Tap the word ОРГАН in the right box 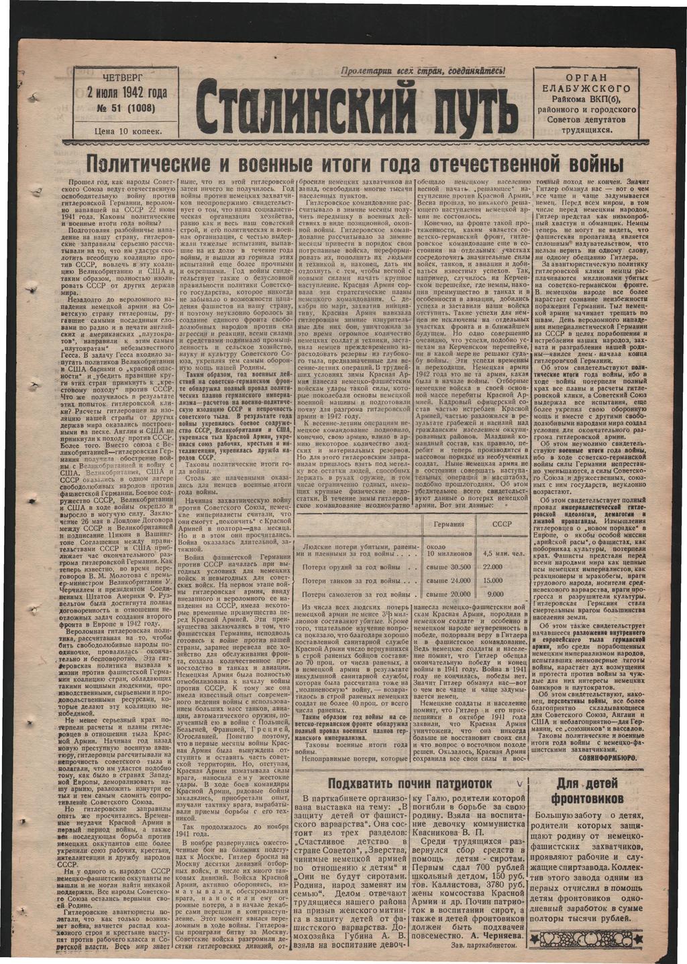pos(591,78)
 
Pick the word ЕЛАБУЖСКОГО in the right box pos(591,89)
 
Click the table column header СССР pos(501,524)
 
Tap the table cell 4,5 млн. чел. pos(503,553)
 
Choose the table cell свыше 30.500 pos(449,567)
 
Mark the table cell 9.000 pos(495,594)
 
